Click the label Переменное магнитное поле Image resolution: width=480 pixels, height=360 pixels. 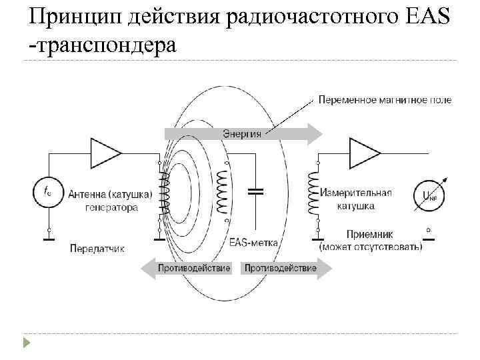(x=385, y=100)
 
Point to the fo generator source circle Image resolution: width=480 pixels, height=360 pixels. (x=47, y=192)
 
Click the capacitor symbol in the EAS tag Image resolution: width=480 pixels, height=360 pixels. (x=256, y=191)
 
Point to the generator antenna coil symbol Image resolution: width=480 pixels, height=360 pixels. (x=162, y=191)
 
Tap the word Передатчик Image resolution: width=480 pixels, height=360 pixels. (x=97, y=248)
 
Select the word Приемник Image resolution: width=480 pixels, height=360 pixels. (x=371, y=234)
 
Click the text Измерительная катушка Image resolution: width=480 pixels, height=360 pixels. (x=355, y=199)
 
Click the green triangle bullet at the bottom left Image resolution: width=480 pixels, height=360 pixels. (x=26, y=343)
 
